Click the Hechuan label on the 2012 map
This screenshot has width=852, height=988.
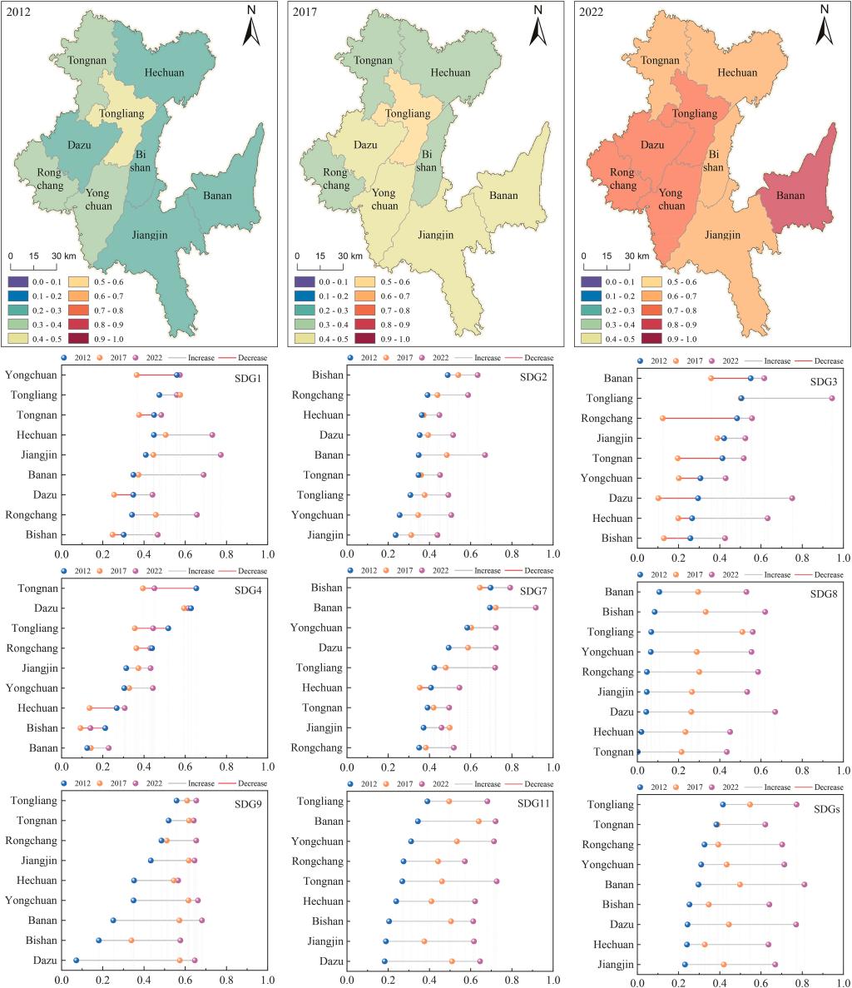(165, 72)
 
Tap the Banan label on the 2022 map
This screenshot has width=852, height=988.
(790, 196)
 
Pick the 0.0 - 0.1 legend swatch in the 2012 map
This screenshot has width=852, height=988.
(19, 282)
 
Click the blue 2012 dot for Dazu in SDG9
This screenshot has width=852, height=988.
(76, 961)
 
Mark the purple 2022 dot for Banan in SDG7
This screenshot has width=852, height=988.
(536, 608)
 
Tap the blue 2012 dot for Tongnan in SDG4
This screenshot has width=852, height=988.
(196, 588)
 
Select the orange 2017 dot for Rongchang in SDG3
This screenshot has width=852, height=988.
(662, 419)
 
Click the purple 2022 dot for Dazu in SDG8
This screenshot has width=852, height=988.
(775, 712)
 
